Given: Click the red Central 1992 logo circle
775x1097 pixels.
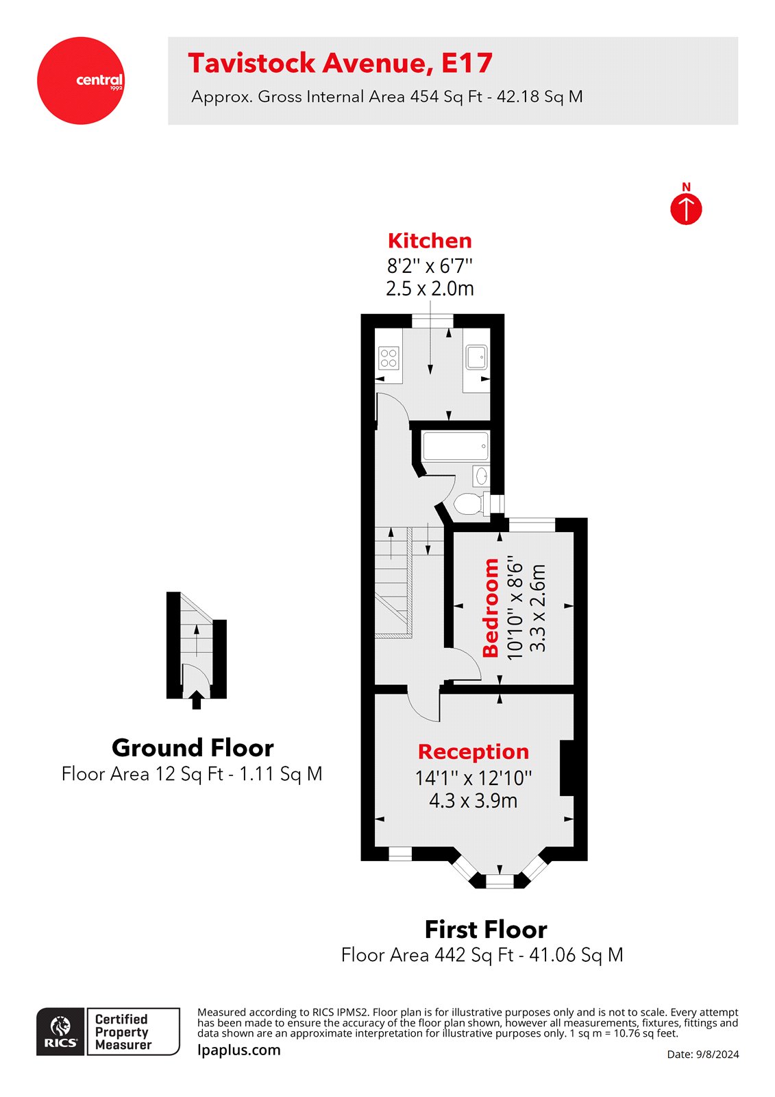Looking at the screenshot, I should click(81, 80).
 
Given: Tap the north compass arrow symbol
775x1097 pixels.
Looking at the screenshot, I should click(686, 208).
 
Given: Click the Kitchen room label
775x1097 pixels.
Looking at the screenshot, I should click(430, 241).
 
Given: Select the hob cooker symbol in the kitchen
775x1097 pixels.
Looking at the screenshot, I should click(389, 358).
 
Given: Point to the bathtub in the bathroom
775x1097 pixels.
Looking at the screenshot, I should click(456, 446).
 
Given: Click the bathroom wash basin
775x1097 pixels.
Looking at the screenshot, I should click(482, 474).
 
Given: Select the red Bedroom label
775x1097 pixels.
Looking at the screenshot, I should click(491, 607).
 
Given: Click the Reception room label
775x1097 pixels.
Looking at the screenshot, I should click(473, 751).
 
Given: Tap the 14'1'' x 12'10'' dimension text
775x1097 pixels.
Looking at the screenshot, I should click(473, 777).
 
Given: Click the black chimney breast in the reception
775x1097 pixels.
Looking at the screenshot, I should click(567, 768).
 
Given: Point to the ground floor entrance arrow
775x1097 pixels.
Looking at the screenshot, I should click(197, 700).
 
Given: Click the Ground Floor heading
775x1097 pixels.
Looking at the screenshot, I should click(193, 747).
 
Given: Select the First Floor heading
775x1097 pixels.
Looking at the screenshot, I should click(485, 930).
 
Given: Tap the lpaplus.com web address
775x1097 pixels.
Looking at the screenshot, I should click(238, 1050).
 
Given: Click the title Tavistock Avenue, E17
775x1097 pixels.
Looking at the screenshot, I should click(340, 63).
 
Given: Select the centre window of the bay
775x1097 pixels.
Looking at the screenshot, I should click(500, 881).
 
